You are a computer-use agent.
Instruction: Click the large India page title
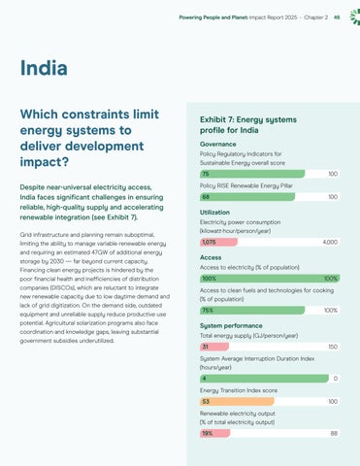tap(44, 68)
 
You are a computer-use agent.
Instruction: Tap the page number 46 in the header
tap(337, 17)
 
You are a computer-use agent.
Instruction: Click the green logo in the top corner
tap(355, 17)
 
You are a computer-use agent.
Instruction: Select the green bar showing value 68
tap(247, 197)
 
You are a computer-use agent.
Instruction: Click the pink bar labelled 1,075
tap(218, 242)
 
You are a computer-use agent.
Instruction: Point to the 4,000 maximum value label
tap(330, 242)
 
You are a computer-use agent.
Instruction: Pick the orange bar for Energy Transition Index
tap(237, 402)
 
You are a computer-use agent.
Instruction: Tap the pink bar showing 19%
tap(215, 433)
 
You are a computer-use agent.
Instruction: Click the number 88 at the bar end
tap(334, 433)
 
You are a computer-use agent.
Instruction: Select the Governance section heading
tap(218, 144)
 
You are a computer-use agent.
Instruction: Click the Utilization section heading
tap(214, 213)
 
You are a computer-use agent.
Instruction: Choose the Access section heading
tap(211, 257)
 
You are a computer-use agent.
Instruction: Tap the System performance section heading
tap(231, 326)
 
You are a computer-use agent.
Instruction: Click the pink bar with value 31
tap(214, 347)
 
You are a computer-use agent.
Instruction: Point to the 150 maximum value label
tap(333, 347)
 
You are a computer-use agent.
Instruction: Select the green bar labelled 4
tap(264, 379)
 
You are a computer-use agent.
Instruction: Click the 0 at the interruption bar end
tap(336, 379)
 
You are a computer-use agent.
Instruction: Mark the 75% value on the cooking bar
tap(208, 311)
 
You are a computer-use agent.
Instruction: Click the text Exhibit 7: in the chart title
tap(217, 119)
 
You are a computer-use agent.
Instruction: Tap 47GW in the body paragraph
tap(99, 252)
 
